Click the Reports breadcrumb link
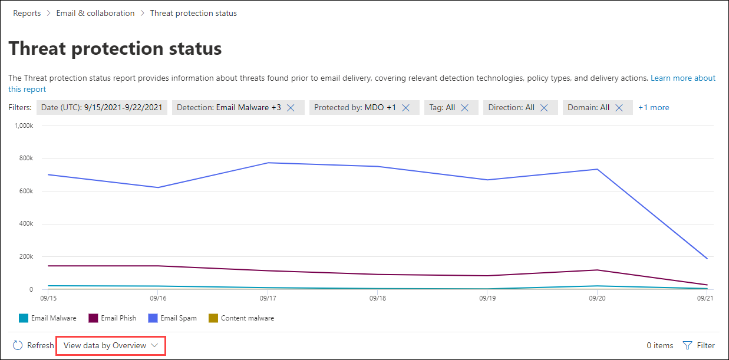coord(27,13)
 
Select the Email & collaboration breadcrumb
coord(95,13)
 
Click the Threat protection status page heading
coord(116,48)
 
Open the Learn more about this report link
coord(682,78)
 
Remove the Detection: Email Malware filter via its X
coord(291,108)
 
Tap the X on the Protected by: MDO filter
coord(405,108)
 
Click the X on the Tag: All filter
coord(464,108)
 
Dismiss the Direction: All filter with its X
coord(544,108)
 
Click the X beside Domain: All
coord(619,108)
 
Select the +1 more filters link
coord(654,107)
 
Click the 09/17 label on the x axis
coord(268,299)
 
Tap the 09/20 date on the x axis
coord(597,299)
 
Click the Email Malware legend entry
coord(48,318)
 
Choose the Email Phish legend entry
coord(112,318)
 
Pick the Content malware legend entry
coord(241,318)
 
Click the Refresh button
coord(34,346)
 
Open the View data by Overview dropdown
coord(111,346)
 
